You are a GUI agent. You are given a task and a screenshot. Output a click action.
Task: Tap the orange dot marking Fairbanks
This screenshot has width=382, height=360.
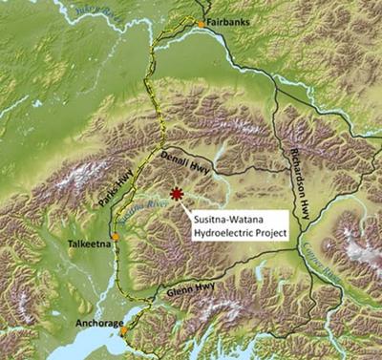coord(201,21)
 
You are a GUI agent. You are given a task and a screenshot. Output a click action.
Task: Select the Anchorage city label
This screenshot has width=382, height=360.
coord(98,323)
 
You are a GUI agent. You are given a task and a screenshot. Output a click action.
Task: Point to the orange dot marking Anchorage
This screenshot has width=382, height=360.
coord(123,330)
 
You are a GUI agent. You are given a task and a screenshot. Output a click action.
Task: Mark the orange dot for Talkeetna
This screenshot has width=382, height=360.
coord(115,236)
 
